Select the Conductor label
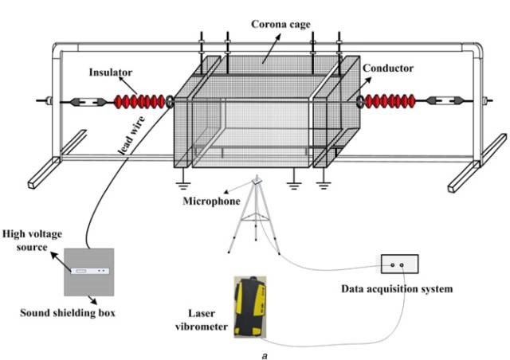pyautogui.click(x=390, y=68)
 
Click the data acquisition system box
pyautogui.click(x=399, y=264)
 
